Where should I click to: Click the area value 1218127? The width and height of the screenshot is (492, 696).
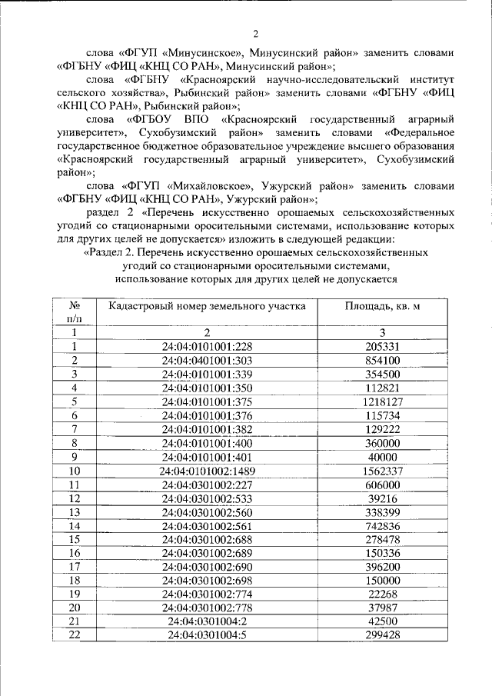[382, 401]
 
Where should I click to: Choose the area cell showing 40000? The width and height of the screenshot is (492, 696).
[382, 457]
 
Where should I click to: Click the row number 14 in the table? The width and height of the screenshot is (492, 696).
[75, 526]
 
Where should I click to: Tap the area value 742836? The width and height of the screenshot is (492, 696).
[382, 526]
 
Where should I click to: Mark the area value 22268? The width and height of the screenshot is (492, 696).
[382, 595]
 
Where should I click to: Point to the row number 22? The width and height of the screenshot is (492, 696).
[75, 637]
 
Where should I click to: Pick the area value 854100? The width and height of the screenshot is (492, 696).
[382, 360]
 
